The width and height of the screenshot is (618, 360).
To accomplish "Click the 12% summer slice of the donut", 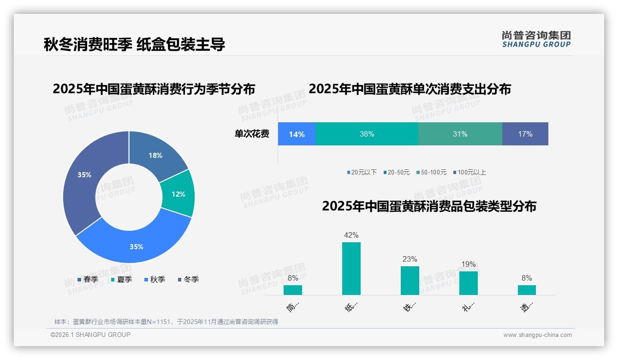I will (x=178, y=194).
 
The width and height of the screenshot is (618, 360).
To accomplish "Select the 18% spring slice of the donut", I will (x=155, y=156).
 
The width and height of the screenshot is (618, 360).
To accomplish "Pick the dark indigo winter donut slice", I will (x=84, y=175).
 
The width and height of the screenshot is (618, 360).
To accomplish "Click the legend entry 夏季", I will (x=122, y=279).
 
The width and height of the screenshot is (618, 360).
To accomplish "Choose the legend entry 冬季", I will (x=188, y=279).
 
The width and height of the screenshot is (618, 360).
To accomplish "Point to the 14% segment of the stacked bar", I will (x=297, y=134).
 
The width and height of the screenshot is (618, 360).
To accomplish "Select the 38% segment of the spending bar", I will (x=367, y=134).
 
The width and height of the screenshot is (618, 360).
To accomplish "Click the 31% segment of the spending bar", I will (x=460, y=134).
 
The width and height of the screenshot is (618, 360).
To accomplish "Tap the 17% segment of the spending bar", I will (x=525, y=134).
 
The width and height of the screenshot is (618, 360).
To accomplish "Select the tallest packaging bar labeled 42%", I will (x=351, y=269).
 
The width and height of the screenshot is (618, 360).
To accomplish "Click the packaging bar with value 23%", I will (x=410, y=281).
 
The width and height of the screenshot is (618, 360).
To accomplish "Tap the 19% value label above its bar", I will (x=468, y=264).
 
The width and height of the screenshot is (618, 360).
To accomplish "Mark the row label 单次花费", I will (x=252, y=134).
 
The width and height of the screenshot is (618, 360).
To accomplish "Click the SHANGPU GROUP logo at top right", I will (x=536, y=39).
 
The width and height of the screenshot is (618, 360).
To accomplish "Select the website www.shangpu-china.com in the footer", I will (x=537, y=335).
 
